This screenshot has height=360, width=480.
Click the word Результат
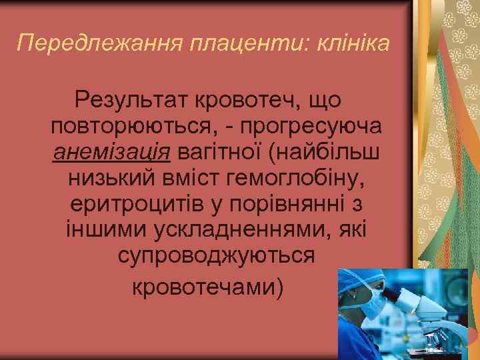131,101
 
